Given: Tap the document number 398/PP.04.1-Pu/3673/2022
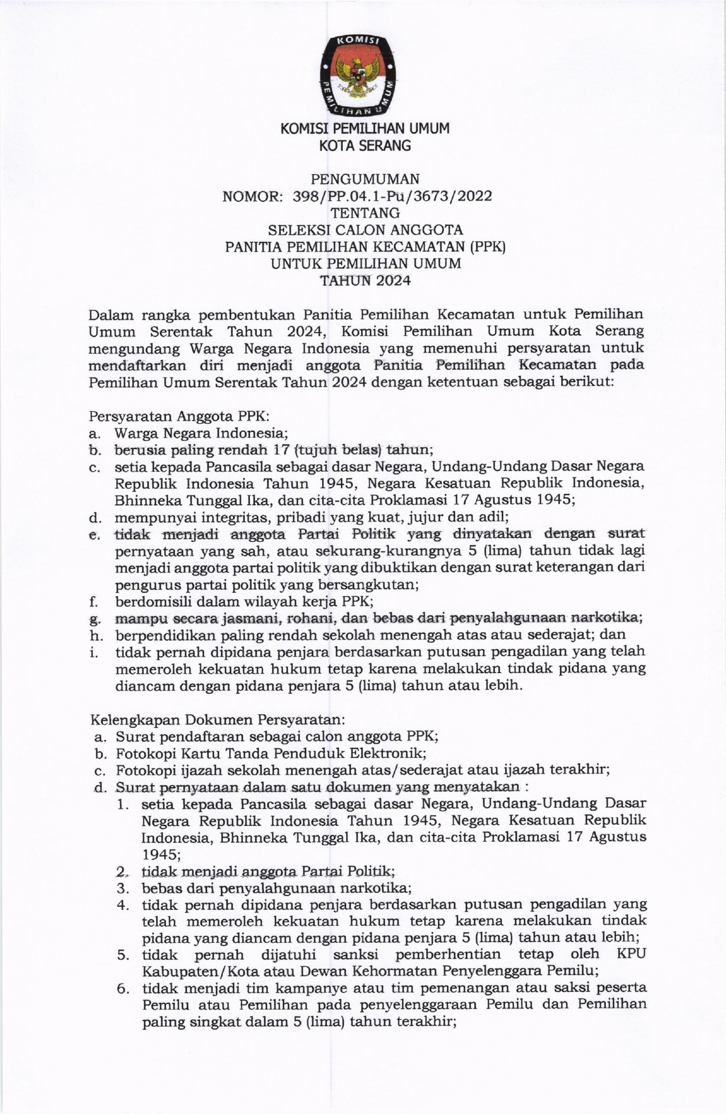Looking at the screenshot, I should point(392,196).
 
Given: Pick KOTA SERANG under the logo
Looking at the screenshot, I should point(365,146).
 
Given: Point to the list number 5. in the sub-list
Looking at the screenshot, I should point(123,955).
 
